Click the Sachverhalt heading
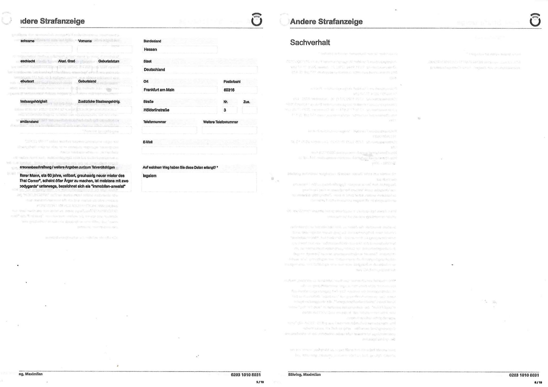click(x=310, y=43)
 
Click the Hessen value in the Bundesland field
click(x=150, y=49)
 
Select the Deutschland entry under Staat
click(x=154, y=69)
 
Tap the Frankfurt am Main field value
click(x=159, y=90)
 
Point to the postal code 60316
click(x=229, y=90)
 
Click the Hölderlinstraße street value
click(x=156, y=110)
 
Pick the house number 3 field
click(x=229, y=110)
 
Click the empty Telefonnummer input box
click(x=169, y=130)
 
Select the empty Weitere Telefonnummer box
click(x=229, y=130)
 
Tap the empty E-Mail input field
click(x=199, y=150)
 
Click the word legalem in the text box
click(x=150, y=176)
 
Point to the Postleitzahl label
click(x=232, y=82)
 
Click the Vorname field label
click(x=85, y=41)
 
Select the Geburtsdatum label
click(x=109, y=61)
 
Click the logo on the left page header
click(x=257, y=20)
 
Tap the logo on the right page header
click(x=535, y=20)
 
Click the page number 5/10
click(x=260, y=382)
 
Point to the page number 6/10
click(x=538, y=382)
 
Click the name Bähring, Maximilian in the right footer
click(x=304, y=375)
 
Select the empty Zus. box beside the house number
click(x=249, y=110)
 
